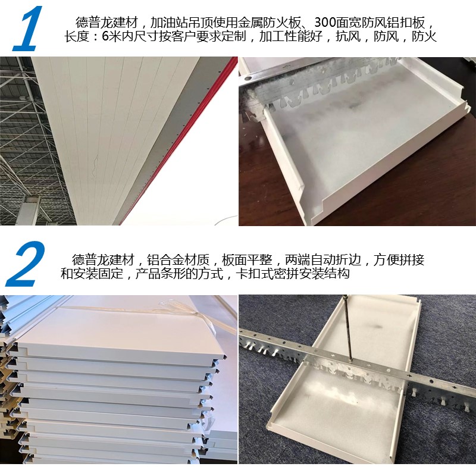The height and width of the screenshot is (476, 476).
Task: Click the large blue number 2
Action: [x=26, y=264]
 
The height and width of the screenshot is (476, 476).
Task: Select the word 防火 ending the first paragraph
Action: [x=424, y=36]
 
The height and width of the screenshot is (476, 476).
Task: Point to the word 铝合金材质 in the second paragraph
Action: [x=178, y=260]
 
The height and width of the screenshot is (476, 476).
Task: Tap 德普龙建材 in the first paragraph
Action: [x=107, y=23]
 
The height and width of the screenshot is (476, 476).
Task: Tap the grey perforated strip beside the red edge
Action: [x=170, y=133]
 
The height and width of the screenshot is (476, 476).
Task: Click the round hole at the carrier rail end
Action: [x=248, y=79]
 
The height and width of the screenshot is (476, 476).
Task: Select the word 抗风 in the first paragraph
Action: [x=348, y=36]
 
